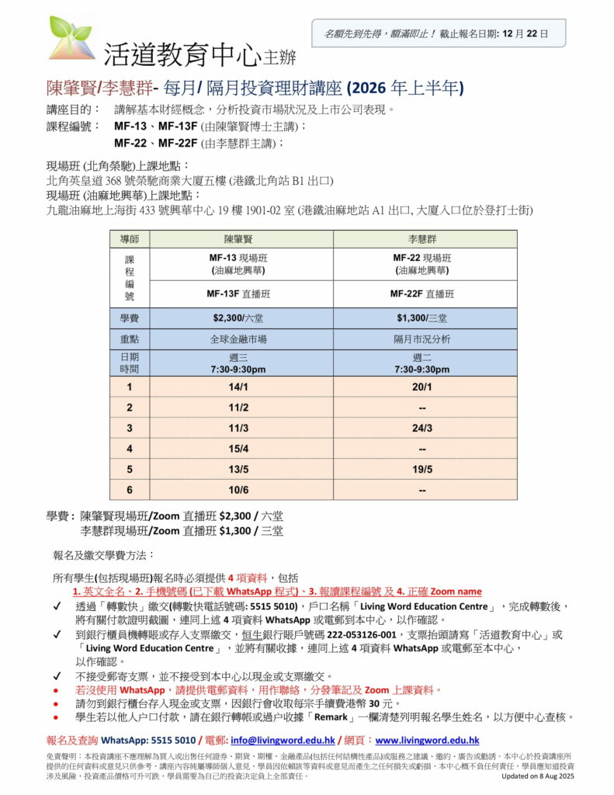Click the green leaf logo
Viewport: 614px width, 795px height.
point(72,36)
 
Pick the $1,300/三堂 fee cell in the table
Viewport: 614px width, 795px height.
point(424,318)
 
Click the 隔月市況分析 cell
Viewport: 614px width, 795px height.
point(424,339)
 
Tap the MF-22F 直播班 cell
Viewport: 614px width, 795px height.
point(424,294)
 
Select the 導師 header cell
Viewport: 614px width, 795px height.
point(130,238)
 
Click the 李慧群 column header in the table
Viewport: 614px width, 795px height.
point(424,238)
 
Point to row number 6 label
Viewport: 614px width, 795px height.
point(130,490)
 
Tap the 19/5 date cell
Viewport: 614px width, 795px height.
point(424,470)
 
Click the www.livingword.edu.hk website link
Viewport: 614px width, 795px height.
point(427,741)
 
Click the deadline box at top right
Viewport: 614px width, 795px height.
point(439,33)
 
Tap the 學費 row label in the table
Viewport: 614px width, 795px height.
point(130,318)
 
